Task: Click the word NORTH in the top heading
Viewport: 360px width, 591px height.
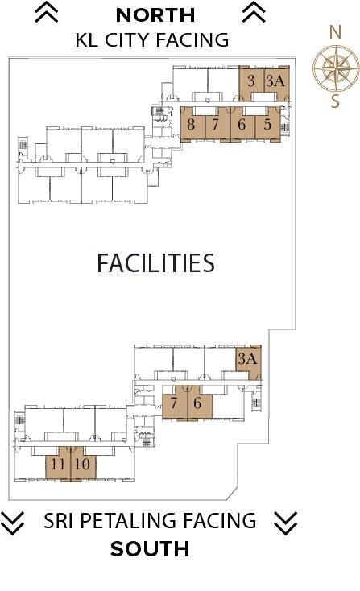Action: click(155, 15)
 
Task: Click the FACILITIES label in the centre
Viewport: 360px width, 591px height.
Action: click(155, 263)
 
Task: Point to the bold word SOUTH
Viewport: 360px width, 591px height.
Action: click(150, 549)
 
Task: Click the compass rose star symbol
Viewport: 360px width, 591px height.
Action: click(337, 68)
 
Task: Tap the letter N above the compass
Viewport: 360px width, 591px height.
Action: click(335, 32)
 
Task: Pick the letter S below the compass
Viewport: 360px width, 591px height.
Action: click(336, 101)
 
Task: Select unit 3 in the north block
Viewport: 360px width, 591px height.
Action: click(251, 84)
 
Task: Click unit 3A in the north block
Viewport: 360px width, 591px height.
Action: click(277, 84)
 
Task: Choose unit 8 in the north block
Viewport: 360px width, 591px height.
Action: click(192, 124)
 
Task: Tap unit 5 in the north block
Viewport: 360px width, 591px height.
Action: click(268, 124)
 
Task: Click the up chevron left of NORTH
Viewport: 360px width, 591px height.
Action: click(47, 12)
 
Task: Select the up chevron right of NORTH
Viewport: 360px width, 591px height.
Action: click(254, 12)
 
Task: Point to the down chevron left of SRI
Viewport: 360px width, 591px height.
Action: click(12, 523)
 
